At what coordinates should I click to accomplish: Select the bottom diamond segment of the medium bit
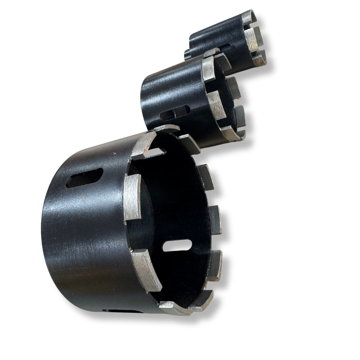[x=230, y=133]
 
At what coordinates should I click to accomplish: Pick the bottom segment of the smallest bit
[x=259, y=61]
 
